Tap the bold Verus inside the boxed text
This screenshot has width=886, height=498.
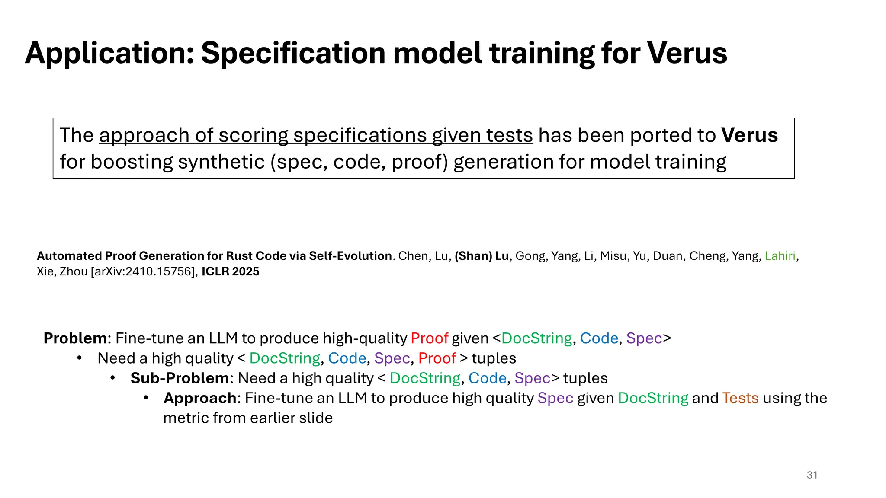749,135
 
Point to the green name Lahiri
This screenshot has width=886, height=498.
780,256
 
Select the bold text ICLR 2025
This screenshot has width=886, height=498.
230,271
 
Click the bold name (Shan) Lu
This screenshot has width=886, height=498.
482,256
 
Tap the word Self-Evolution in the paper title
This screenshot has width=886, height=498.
350,256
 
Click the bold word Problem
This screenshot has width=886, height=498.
75,338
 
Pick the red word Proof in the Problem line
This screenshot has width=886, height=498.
429,338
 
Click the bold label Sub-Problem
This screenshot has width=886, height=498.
180,378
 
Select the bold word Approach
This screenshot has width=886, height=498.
200,398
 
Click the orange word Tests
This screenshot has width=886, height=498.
740,398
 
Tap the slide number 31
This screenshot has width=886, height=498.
812,475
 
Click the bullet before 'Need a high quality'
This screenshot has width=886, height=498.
79,358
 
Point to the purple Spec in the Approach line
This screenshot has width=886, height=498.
555,398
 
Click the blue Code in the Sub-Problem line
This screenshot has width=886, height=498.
487,378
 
